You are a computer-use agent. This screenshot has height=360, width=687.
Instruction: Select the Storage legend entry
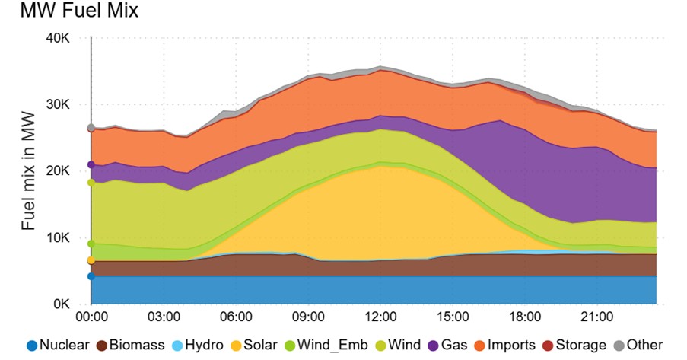tap(575, 345)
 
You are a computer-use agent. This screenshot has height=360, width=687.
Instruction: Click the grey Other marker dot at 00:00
tap(91, 128)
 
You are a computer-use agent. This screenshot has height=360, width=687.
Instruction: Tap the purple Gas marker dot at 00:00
tap(91, 164)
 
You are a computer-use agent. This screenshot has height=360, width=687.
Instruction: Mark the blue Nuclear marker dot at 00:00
tap(91, 276)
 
